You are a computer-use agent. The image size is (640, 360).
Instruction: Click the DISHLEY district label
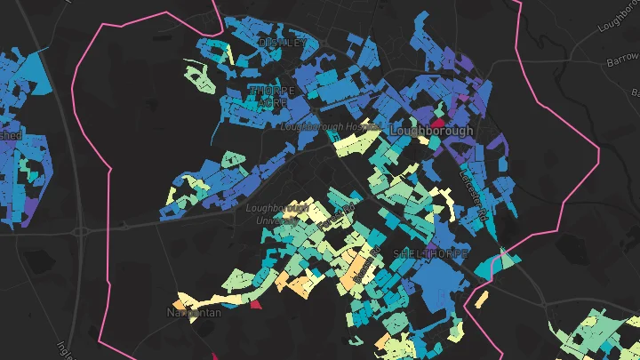point(282,42)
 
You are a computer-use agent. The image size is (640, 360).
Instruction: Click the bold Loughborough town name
point(431,130)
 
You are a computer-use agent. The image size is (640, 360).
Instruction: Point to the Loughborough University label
point(276,213)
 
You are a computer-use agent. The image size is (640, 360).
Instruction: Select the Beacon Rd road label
point(357,271)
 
